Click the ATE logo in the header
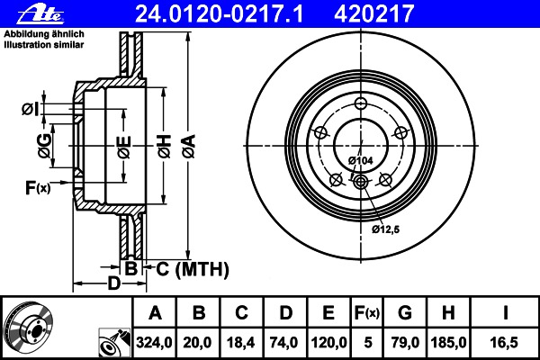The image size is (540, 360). point(40,14)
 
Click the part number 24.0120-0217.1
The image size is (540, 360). point(219,13)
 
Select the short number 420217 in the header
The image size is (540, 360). point(373,13)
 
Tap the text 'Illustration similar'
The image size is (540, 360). point(44,45)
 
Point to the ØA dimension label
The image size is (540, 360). point(190,147)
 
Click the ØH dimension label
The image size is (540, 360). point(165,147)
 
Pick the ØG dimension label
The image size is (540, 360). point(45,146)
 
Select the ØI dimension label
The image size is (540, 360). point(31,109)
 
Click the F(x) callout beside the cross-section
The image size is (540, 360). point(38,188)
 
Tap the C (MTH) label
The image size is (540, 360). point(193,269)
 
